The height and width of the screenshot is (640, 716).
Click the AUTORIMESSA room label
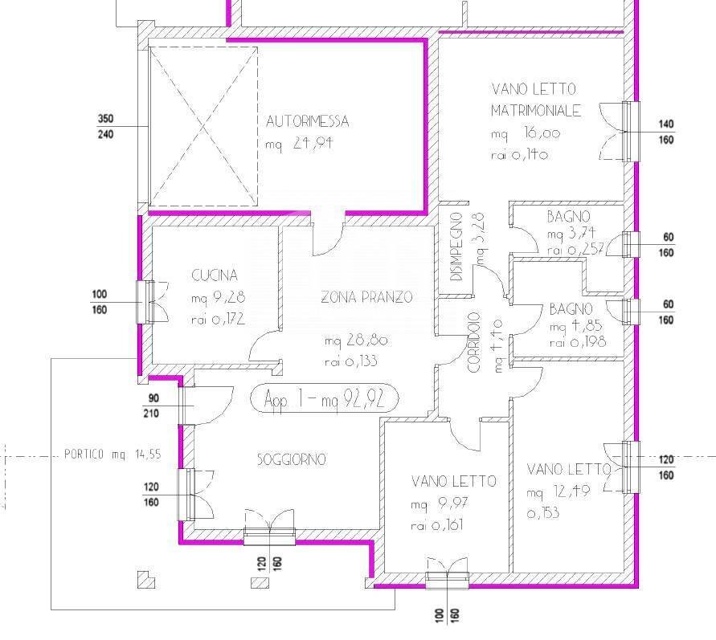[x=308, y=122]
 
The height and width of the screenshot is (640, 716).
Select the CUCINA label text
[x=215, y=275]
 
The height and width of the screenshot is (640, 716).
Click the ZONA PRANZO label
[x=366, y=297]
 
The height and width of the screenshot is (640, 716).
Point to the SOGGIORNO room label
[x=292, y=460]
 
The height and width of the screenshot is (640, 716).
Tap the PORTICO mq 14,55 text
[x=113, y=454]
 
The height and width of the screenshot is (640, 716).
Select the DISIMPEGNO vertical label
[x=456, y=246]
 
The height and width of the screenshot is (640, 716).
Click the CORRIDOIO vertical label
[x=474, y=342]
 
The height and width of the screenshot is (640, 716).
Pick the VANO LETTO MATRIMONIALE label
[x=535, y=99]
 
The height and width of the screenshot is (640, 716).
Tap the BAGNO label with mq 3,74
[x=569, y=217]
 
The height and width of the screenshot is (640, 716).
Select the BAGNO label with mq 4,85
[x=571, y=309]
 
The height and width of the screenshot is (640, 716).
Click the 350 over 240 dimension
[x=105, y=126]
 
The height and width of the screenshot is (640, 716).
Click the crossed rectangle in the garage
[x=204, y=126]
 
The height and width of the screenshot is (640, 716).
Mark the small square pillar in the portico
[x=145, y=578]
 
